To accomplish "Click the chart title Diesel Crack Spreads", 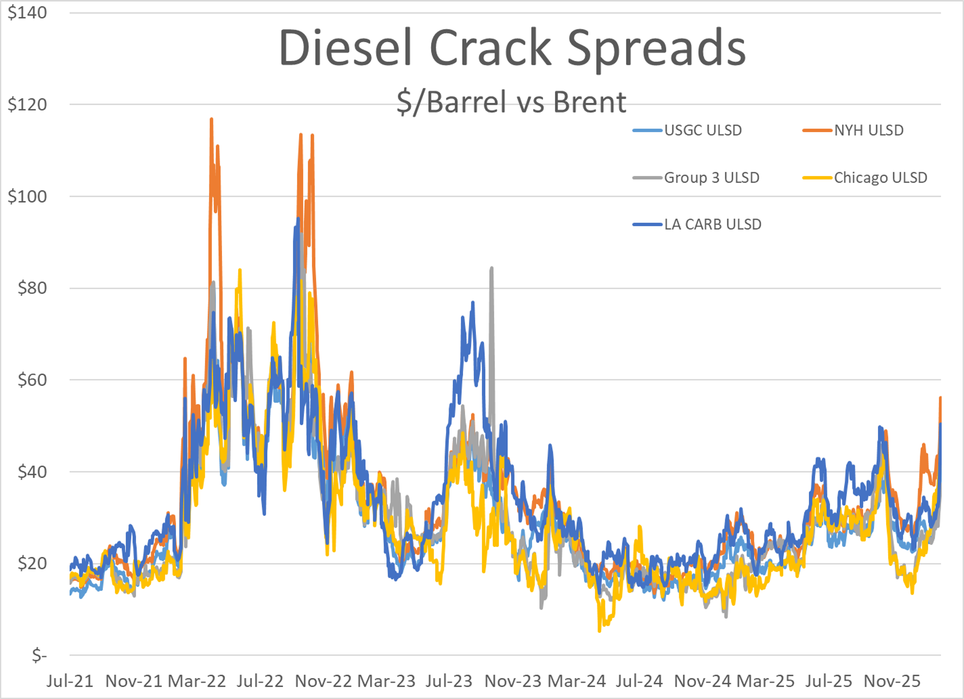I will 512,48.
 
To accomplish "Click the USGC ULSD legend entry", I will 703,130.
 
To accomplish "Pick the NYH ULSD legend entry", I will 868,130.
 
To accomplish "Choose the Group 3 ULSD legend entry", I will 711,177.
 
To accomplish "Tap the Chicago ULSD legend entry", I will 880,177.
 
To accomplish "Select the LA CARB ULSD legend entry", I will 712,224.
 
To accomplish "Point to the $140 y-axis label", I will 27,13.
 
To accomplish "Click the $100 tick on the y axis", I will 27,196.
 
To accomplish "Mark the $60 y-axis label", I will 32,379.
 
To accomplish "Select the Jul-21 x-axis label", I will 70,681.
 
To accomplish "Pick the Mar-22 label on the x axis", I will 196,681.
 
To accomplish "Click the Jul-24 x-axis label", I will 639,681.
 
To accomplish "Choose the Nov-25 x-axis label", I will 892,681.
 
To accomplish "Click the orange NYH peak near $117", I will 211,119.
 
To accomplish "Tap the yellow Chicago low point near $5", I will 599,631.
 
